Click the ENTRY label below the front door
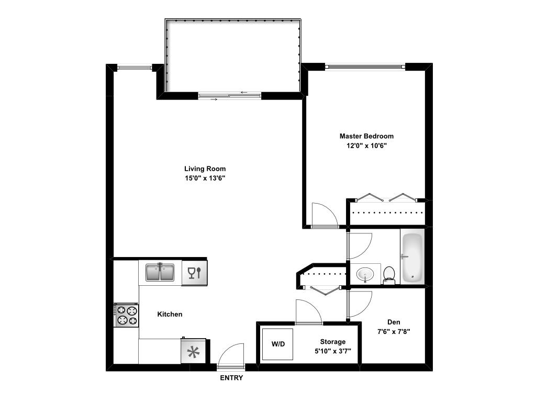click(231, 378)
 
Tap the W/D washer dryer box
click(277, 344)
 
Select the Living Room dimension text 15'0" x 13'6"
click(205, 178)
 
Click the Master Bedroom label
click(366, 136)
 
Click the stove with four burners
click(127, 315)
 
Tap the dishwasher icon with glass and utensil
click(194, 273)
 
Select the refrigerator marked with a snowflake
click(194, 351)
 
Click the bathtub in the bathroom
click(412, 257)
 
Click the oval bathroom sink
click(365, 274)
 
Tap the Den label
click(394, 322)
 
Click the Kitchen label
click(170, 314)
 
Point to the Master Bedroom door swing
click(323, 215)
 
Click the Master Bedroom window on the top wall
click(365, 66)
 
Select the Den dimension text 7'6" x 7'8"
click(394, 331)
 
